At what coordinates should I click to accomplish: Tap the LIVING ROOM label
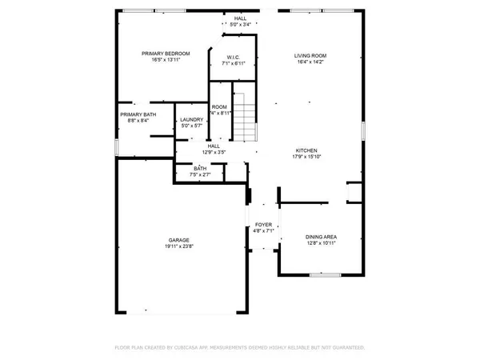310,55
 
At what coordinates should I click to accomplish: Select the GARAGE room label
178,240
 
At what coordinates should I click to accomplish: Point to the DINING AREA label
321,237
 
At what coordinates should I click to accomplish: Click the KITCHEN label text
307,150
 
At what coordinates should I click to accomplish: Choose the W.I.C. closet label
234,57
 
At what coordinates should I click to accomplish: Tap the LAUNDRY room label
192,120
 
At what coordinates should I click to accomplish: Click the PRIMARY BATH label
138,114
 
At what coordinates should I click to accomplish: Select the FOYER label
263,225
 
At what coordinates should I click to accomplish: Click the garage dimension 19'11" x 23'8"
178,246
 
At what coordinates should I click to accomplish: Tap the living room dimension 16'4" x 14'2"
310,62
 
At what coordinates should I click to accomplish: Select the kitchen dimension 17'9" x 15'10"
307,157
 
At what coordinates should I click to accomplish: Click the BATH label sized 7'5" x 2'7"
198,168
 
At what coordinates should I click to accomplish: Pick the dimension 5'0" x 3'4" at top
240,24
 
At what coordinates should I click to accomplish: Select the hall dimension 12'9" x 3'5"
214,151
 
